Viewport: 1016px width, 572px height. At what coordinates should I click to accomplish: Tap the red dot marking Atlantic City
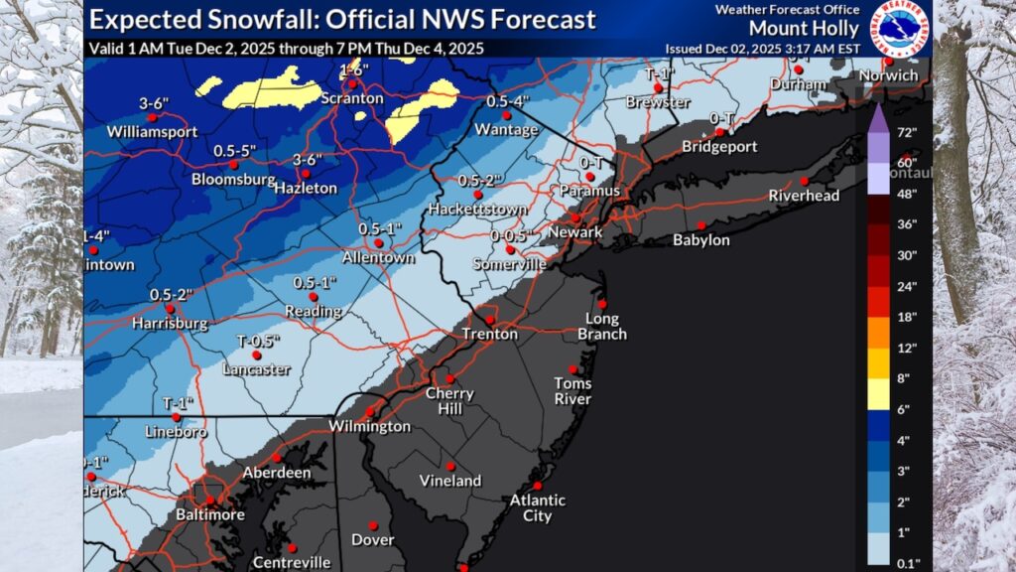[538, 472]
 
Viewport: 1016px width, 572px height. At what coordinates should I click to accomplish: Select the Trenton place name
[489, 335]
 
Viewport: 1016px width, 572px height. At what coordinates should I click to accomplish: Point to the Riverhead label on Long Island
[804, 197]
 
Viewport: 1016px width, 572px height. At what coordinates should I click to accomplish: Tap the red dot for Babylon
[701, 224]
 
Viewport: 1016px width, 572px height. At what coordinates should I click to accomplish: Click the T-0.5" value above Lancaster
[258, 340]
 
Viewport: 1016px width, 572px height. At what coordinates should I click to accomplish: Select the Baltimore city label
[211, 514]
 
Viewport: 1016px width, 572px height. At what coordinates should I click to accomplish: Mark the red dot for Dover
[373, 525]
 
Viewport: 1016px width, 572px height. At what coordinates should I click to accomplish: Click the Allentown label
[377, 257]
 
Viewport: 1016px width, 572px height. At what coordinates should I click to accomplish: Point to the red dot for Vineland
[450, 466]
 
